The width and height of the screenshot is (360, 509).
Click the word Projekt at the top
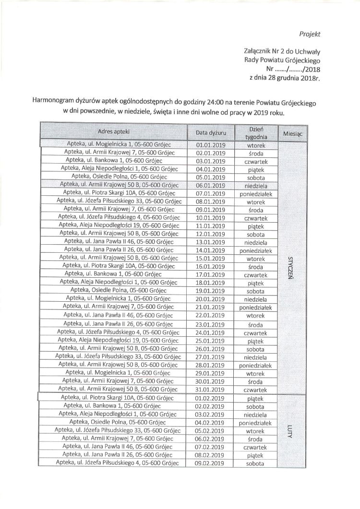pos(309,34)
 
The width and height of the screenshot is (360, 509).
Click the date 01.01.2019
pos(211,144)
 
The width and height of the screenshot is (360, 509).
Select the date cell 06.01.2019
pos(211,185)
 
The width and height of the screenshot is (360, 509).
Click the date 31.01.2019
pos(211,389)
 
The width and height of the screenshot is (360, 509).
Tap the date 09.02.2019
pos(211,462)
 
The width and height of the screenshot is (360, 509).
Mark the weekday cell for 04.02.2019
pos(252,422)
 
